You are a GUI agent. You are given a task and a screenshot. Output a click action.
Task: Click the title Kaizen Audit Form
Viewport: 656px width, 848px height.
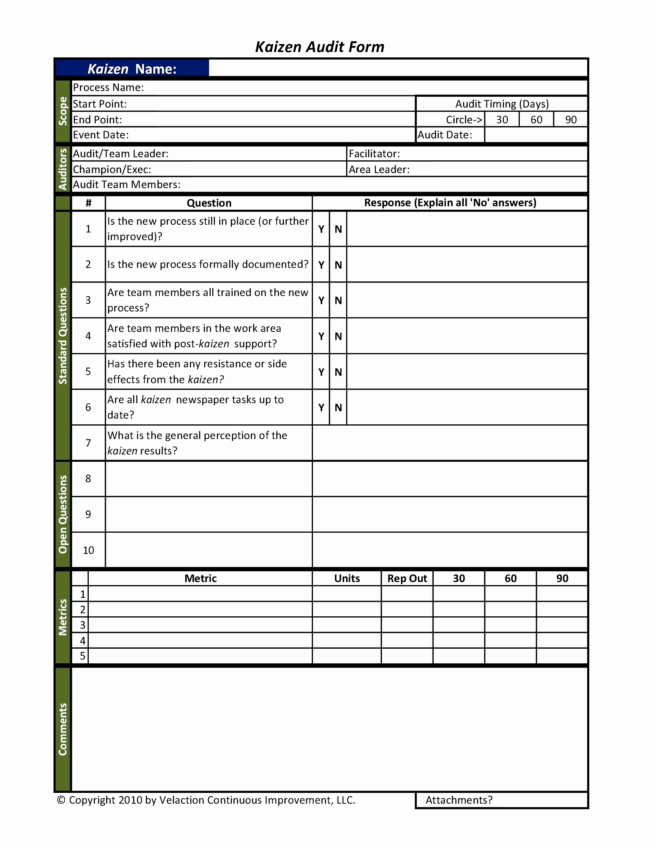[320, 47]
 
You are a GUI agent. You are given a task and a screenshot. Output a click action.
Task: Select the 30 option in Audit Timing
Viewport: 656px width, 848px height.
[502, 119]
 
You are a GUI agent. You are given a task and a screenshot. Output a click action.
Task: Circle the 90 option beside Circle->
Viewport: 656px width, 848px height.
[570, 119]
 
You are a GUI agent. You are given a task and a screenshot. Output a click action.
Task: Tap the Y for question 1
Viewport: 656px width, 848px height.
[321, 229]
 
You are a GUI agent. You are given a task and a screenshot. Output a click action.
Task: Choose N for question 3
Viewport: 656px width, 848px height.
[338, 300]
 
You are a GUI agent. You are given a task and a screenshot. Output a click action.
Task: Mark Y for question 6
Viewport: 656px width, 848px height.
[321, 407]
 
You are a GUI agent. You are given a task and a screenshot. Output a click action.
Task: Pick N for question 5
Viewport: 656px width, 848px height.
[338, 372]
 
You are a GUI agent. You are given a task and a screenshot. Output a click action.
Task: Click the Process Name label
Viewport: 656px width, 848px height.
[108, 87]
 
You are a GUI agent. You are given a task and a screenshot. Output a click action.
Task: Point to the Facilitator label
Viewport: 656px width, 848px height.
[374, 154]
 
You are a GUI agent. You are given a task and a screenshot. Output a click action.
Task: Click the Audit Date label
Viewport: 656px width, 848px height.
[445, 135]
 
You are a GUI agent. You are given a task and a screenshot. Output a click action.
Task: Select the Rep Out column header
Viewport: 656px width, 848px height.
[407, 579]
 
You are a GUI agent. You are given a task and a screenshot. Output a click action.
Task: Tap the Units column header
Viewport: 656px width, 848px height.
[347, 579]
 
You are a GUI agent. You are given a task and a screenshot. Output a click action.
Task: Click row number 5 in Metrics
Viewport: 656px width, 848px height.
[83, 656]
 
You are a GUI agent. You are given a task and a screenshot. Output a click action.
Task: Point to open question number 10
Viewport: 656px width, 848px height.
[88, 550]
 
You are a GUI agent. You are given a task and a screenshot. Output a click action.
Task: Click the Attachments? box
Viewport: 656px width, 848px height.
[501, 800]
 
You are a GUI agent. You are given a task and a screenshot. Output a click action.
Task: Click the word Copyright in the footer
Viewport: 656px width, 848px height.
[92, 800]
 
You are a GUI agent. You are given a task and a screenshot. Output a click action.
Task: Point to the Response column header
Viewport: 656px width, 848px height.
[450, 203]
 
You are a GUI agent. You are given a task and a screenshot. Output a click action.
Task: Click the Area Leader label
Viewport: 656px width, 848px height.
[379, 170]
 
